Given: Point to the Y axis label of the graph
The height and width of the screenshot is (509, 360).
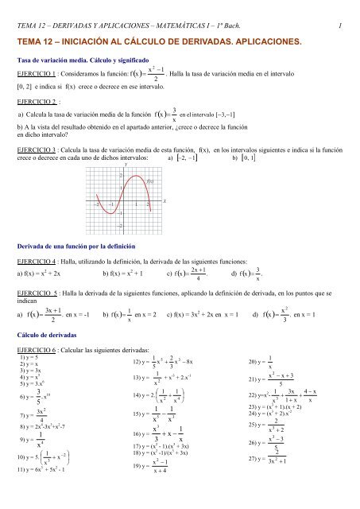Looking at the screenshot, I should [126, 165].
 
